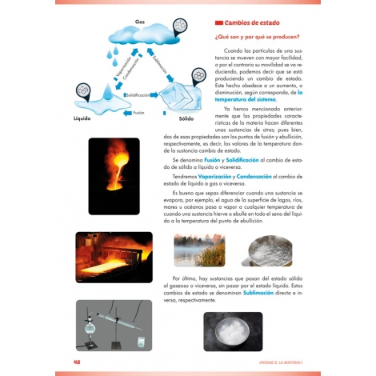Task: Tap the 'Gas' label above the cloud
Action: point(140,22)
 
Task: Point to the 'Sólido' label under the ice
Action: point(186,118)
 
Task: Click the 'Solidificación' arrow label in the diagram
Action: point(138,94)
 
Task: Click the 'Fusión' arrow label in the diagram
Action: point(138,112)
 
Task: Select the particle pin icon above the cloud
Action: point(180,27)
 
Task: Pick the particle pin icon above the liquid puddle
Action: point(83,88)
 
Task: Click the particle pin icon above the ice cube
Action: point(198,78)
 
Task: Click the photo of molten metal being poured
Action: point(114,176)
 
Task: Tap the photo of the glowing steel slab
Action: point(114,258)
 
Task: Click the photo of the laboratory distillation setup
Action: point(114,326)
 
